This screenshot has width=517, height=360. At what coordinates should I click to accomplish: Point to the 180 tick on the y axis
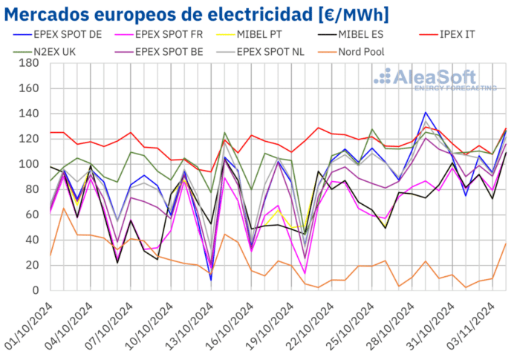tap(30, 64)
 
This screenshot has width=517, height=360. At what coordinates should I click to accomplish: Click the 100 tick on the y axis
tap(30, 165)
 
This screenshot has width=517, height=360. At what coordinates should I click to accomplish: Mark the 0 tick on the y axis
tap(36, 291)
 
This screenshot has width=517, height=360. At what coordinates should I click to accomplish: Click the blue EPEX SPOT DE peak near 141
tap(425, 113)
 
